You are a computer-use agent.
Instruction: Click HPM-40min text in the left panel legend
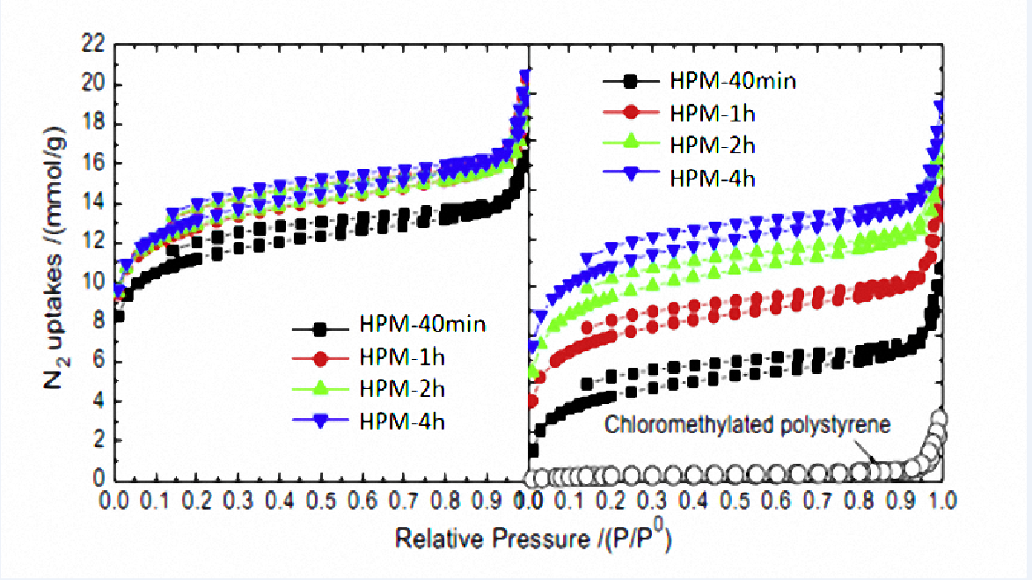[x=421, y=326]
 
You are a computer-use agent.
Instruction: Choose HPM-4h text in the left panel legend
[x=404, y=421]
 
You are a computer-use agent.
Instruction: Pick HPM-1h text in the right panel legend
[x=706, y=113]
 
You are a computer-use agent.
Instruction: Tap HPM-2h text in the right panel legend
[x=706, y=145]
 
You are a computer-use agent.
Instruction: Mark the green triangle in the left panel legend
[x=321, y=390]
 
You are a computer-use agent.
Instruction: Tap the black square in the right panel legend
[x=630, y=82]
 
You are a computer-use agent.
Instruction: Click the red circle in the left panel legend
[x=321, y=358]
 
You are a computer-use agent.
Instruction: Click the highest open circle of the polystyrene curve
[x=940, y=419]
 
